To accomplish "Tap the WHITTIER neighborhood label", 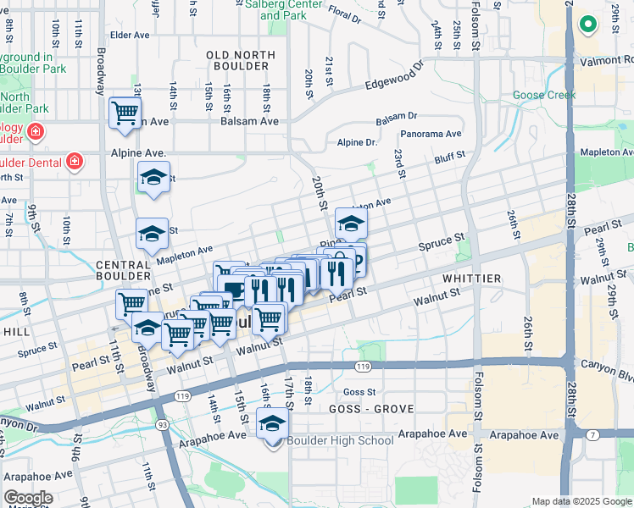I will (471, 278).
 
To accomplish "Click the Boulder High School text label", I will (339, 440).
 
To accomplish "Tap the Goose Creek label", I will (544, 95).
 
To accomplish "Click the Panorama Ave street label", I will (431, 134).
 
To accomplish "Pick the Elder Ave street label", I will (130, 36).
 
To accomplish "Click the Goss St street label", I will (360, 392).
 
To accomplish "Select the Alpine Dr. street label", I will (357, 143).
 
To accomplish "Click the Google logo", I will (29, 498).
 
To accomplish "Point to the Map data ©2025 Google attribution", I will (581, 501).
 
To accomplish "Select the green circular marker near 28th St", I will (587, 24).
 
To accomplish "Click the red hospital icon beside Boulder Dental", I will (75, 161).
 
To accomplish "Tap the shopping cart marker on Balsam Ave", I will (125, 112).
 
